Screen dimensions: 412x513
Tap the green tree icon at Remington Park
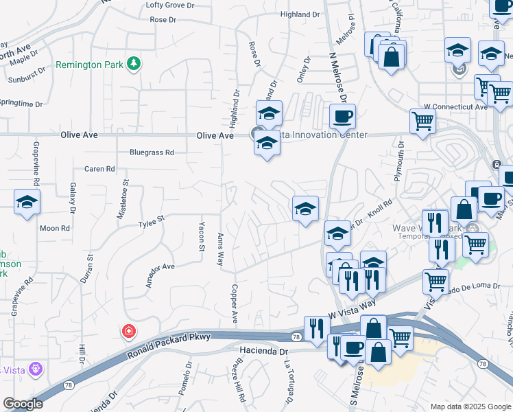click(135, 64)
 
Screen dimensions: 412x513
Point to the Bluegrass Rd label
click(152, 152)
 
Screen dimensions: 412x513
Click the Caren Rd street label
click(99, 169)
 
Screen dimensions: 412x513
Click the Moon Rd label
click(55, 228)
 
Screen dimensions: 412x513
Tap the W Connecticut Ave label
click(455, 107)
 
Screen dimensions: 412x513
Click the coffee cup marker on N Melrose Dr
click(342, 116)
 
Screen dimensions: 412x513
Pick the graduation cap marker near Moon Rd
click(27, 201)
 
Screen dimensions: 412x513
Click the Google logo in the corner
click(23, 404)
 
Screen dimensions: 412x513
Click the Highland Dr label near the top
click(300, 14)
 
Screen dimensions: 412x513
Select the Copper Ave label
click(234, 304)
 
